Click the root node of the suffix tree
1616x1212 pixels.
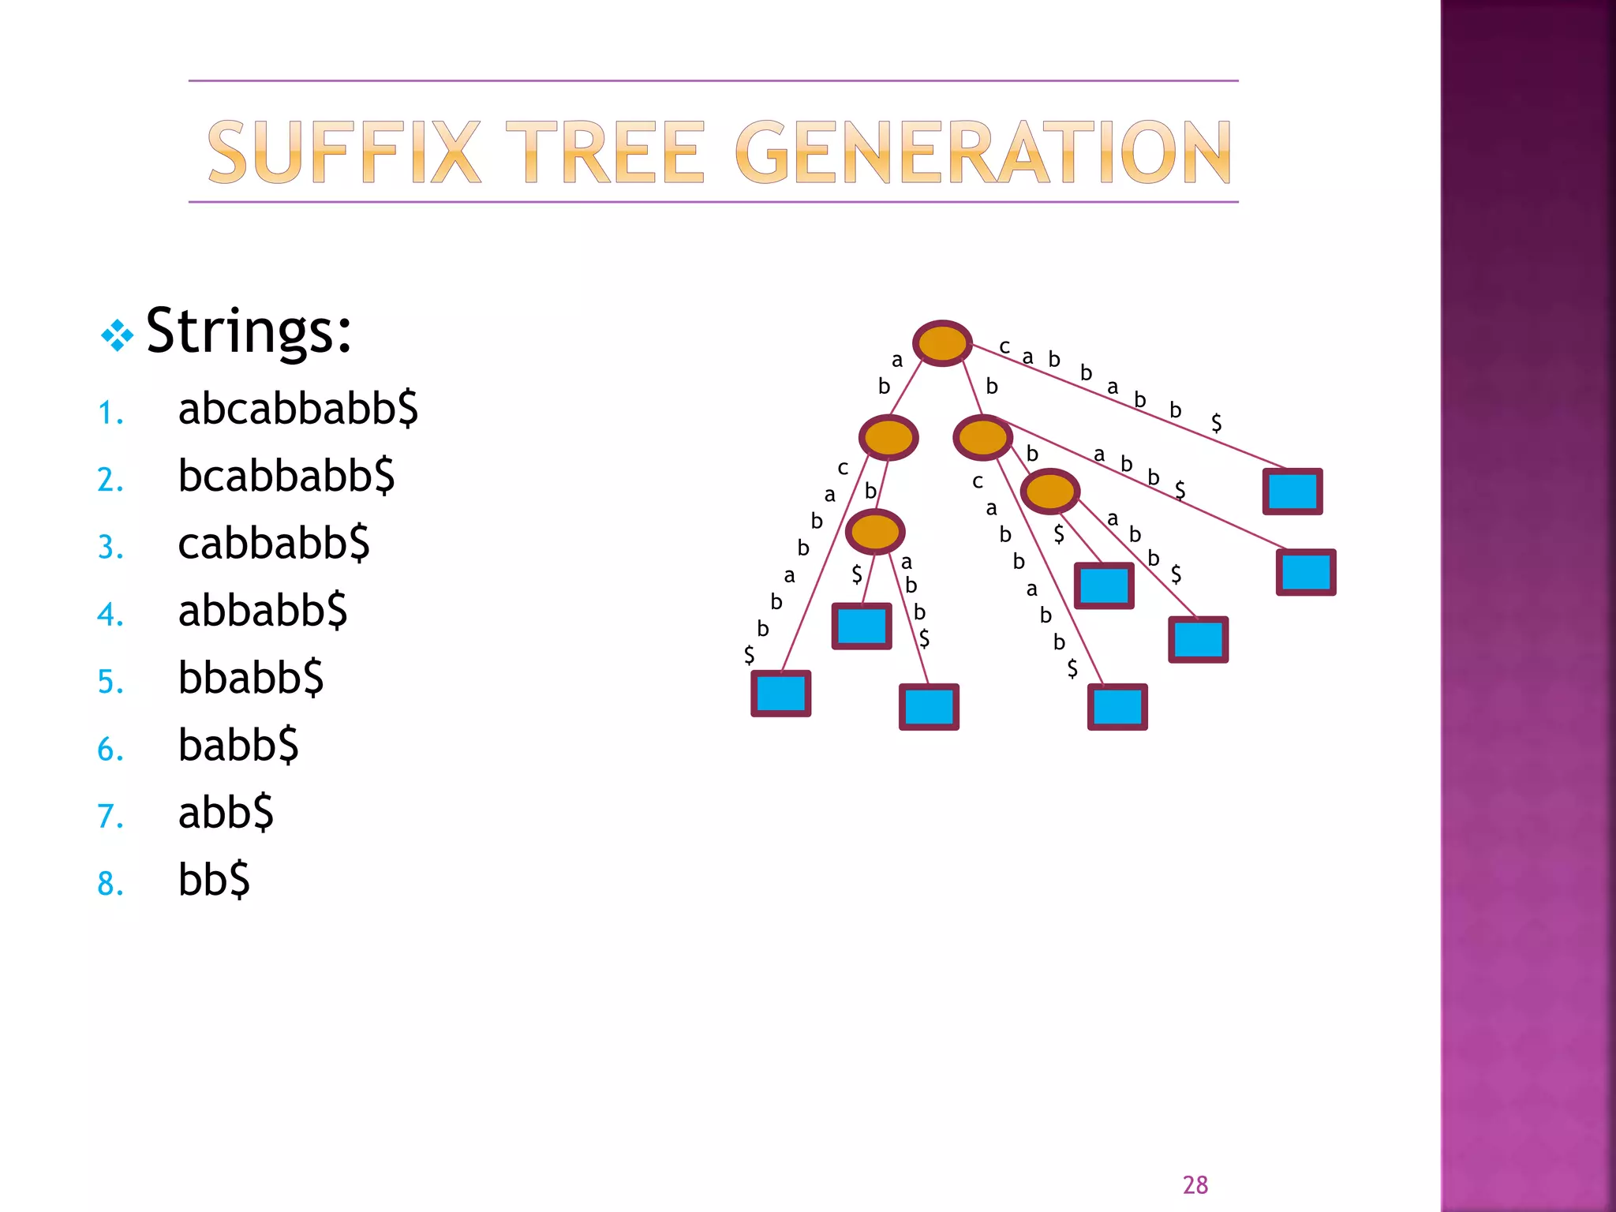941,343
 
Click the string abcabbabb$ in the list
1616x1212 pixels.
297,409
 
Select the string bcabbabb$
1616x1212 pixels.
286,476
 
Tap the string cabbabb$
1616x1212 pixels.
273,544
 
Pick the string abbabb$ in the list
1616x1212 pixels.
262,611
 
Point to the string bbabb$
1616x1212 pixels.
250,678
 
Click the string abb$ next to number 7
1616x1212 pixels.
226,813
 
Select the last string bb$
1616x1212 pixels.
214,880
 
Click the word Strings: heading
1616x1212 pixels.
249,331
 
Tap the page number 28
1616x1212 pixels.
1195,1185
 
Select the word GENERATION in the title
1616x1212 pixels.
982,152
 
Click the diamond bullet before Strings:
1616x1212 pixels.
118,335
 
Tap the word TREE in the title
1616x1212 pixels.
604,152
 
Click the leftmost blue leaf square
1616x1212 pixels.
780,694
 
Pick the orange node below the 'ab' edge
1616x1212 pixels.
888,437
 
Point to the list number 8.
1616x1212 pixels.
110,885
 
